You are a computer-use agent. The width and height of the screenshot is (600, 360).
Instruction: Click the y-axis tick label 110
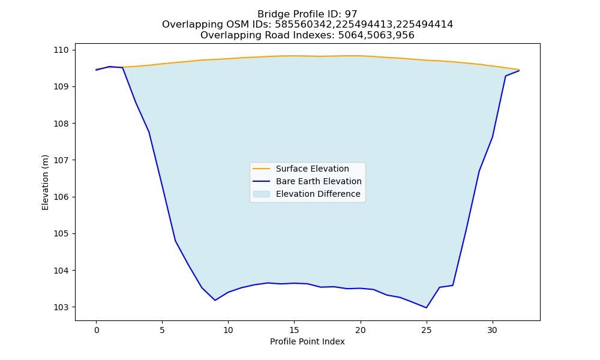(61, 50)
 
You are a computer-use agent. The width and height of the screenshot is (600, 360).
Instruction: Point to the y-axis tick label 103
(61, 307)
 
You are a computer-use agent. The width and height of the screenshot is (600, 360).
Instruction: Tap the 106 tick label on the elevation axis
(61, 197)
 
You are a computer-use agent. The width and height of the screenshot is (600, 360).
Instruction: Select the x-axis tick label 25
(426, 330)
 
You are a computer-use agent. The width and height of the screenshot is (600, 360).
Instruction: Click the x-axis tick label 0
(97, 330)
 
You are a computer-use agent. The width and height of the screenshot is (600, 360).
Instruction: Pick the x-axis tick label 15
(294, 330)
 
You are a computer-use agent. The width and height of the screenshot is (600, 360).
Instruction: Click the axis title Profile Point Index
(307, 341)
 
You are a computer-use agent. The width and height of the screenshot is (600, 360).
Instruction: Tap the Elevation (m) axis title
(45, 182)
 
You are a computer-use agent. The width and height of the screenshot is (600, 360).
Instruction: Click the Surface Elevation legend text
(312, 169)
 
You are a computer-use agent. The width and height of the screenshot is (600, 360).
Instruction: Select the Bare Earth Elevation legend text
(319, 181)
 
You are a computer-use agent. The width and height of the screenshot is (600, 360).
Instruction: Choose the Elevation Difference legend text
(318, 194)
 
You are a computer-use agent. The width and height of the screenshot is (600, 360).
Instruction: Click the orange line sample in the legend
(262, 169)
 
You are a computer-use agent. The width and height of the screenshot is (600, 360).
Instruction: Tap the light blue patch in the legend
(262, 194)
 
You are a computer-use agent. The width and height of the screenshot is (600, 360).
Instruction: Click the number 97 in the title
(351, 14)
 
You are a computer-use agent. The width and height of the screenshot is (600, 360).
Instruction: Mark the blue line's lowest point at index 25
(426, 308)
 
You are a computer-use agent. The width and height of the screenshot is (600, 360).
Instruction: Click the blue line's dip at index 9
(215, 301)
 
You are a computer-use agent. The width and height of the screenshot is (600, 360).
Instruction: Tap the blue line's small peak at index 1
(109, 67)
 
